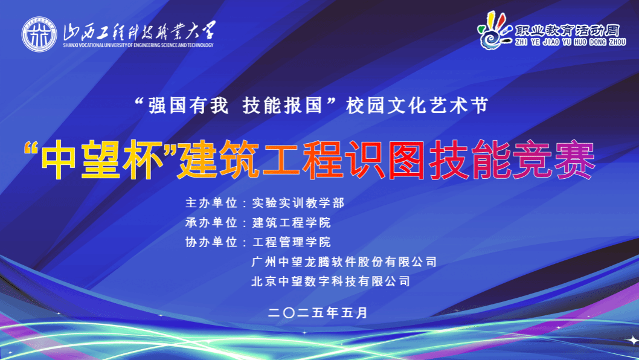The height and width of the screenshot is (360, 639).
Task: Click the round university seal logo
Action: [x=39, y=34]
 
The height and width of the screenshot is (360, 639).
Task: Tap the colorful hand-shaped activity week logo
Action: [x=495, y=31]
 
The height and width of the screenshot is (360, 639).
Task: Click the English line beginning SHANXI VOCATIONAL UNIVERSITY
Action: [x=138, y=45]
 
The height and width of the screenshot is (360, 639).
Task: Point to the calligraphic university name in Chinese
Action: [x=140, y=31]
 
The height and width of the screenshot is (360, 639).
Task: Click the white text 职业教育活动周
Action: [x=567, y=31]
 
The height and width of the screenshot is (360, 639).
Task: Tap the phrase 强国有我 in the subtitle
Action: [x=188, y=105]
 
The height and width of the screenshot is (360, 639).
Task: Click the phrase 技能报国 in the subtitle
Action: [x=283, y=105]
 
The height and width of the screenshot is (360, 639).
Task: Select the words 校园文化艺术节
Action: [x=417, y=105]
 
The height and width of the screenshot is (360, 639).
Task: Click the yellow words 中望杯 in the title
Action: [x=102, y=160]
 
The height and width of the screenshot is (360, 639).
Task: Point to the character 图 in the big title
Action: [x=408, y=160]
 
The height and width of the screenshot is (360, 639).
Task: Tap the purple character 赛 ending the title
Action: [x=574, y=160]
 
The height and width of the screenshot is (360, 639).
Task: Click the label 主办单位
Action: [x=211, y=202]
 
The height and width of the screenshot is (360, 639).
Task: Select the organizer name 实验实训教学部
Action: [x=298, y=202]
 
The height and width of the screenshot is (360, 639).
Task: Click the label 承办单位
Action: [x=211, y=222]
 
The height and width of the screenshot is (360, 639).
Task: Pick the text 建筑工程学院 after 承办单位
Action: [x=291, y=222]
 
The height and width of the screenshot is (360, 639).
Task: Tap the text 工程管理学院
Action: [x=291, y=242]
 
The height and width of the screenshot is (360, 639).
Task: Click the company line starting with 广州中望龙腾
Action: [x=344, y=262]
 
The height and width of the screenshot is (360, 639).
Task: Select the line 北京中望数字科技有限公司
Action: [x=330, y=281]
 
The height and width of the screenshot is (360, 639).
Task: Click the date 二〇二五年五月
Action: [x=318, y=313]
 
